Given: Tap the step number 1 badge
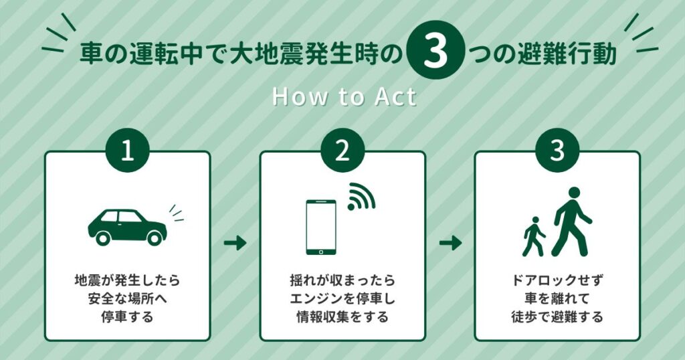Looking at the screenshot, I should (127, 151).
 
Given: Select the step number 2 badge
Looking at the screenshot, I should (342, 151).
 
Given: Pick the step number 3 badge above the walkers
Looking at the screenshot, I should (557, 151).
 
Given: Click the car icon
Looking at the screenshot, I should (127, 226).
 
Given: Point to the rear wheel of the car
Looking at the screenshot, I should (104, 237).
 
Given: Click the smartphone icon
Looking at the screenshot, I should (321, 226).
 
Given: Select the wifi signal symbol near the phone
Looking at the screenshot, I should (361, 197).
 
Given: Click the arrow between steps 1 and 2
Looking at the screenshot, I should (235, 243).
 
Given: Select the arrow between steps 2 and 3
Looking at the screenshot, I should (450, 243).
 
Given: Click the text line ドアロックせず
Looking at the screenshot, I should (557, 278).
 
